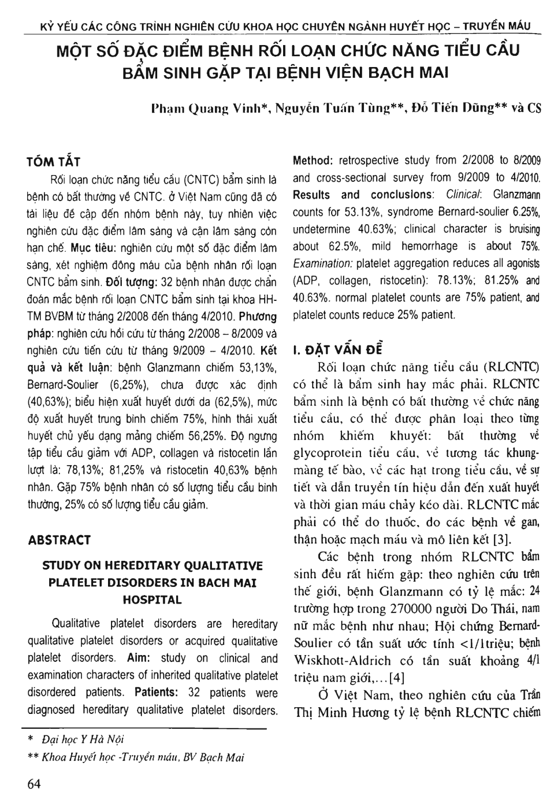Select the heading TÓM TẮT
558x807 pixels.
pyautogui.click(x=53, y=162)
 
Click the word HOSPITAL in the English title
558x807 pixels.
pyautogui.click(x=152, y=600)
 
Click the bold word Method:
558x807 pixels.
pyautogui.click(x=312, y=161)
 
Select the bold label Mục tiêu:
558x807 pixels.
pyautogui.click(x=97, y=249)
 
